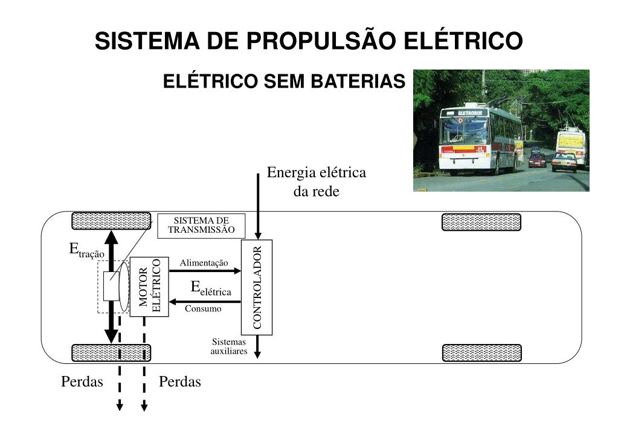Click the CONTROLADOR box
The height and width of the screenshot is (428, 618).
[x=257, y=287]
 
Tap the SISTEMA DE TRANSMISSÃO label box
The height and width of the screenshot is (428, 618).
[x=201, y=225]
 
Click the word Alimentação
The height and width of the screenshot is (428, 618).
[x=204, y=262]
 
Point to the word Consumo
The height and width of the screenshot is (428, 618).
[x=203, y=309]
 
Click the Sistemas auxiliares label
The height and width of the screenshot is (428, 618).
[x=229, y=346]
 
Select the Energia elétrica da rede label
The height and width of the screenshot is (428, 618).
[x=317, y=182]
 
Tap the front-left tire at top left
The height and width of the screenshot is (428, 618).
[x=111, y=221]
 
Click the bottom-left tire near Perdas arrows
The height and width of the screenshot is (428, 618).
[x=111, y=352]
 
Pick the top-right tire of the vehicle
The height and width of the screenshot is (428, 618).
[x=481, y=222]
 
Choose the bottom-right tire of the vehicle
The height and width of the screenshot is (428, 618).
[x=481, y=353]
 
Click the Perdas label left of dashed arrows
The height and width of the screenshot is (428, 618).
[x=82, y=382]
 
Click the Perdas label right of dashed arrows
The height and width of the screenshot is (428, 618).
[x=179, y=382]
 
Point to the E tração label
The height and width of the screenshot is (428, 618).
[x=86, y=250]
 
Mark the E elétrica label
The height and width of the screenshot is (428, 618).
[x=211, y=289]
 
